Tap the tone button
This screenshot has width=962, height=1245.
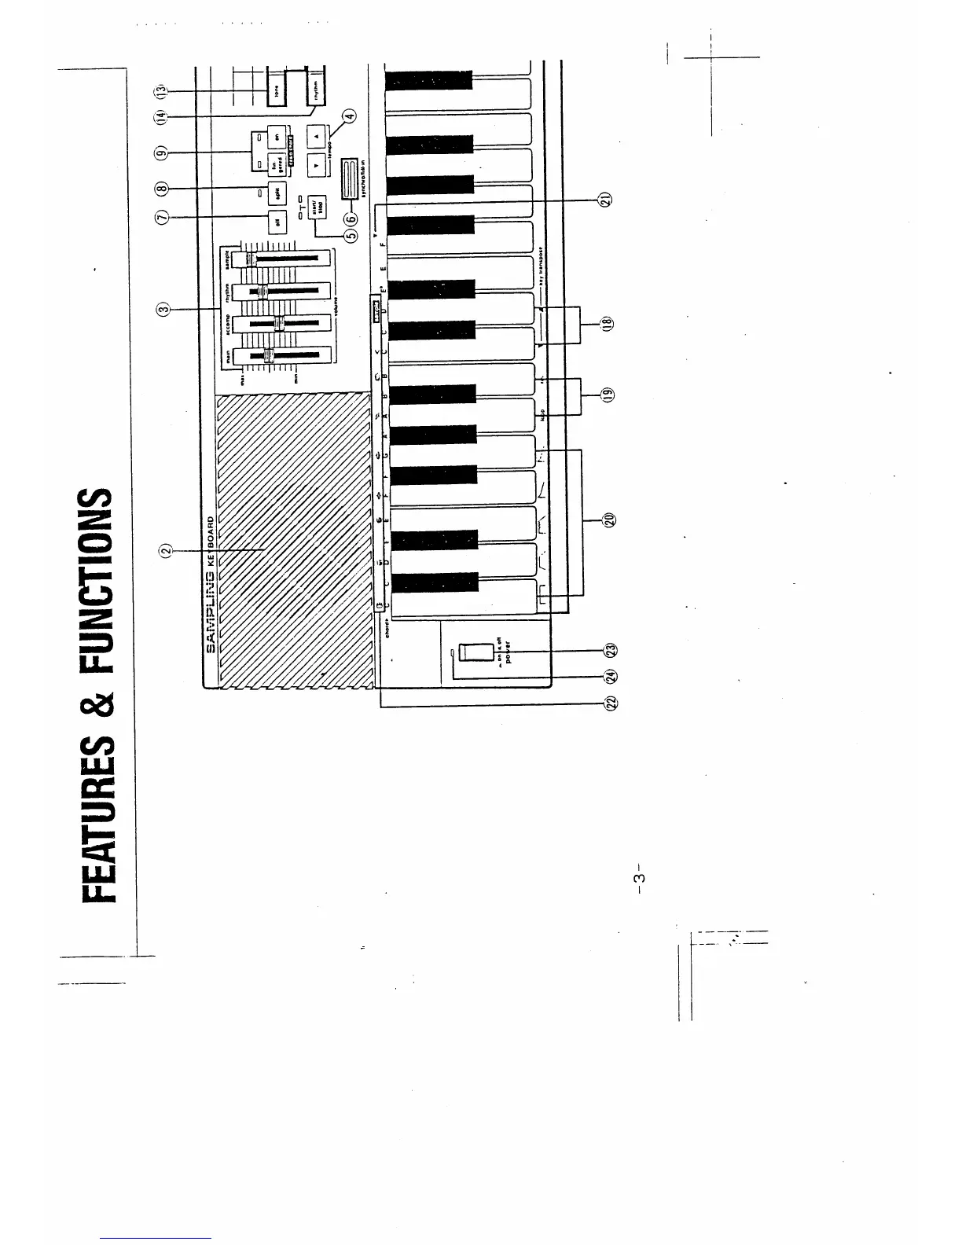click(x=276, y=92)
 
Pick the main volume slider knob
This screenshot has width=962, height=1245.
click(x=269, y=358)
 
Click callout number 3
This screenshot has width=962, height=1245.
click(x=163, y=309)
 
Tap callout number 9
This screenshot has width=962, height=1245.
click(x=163, y=152)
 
